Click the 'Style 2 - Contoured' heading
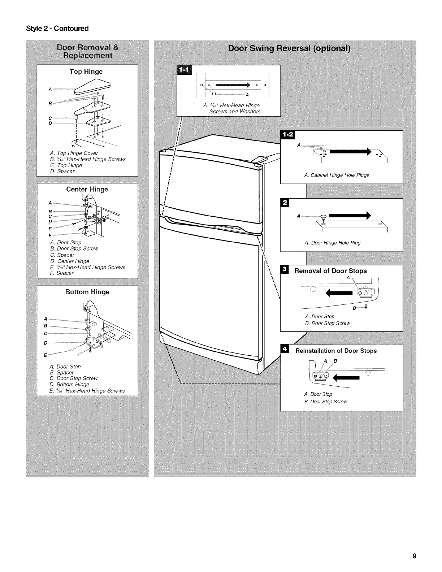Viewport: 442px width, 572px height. click(x=57, y=28)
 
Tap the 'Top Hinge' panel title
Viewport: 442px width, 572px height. click(x=86, y=71)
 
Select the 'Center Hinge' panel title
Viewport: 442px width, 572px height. click(x=87, y=189)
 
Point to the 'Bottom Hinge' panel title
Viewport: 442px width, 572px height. click(x=87, y=292)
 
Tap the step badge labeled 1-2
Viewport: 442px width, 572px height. click(x=289, y=135)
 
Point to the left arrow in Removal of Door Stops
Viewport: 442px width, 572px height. click(x=339, y=292)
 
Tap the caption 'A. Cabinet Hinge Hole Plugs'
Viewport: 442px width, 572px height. click(x=337, y=175)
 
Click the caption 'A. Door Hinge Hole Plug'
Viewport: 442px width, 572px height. click(x=333, y=243)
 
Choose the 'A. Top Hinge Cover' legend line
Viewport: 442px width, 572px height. click(x=74, y=153)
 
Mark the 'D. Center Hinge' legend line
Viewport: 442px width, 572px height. click(x=70, y=261)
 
